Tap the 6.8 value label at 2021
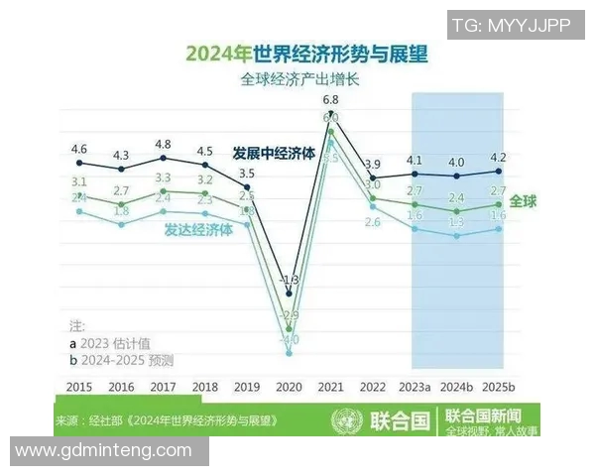click(330, 100)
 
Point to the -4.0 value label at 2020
click(289, 340)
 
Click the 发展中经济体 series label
click(274, 154)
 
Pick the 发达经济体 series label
click(198, 228)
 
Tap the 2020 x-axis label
click(289, 386)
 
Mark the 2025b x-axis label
click(499, 386)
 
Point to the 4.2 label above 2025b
click(499, 157)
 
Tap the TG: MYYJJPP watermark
click(511, 26)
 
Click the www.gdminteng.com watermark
click(103, 450)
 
